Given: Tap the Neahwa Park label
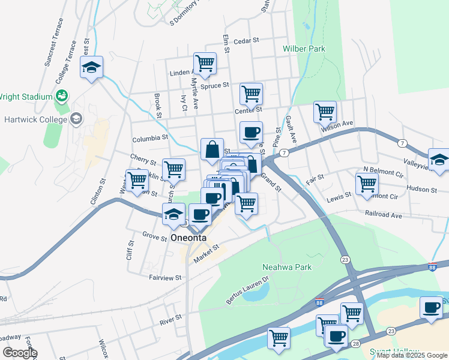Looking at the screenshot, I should click(x=287, y=267).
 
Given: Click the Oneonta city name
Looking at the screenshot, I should click(x=188, y=238).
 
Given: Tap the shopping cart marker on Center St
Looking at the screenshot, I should click(x=251, y=94).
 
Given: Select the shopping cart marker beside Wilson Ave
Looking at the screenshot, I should click(x=325, y=112).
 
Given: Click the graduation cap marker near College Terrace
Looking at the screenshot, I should click(x=91, y=67).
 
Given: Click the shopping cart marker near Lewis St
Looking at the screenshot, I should click(x=367, y=184).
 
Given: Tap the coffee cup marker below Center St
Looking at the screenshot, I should click(x=251, y=132).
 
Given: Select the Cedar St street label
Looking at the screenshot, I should click(x=246, y=41).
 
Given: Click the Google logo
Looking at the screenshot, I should click(x=20, y=353).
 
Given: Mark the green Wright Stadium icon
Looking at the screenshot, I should click(x=61, y=96).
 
